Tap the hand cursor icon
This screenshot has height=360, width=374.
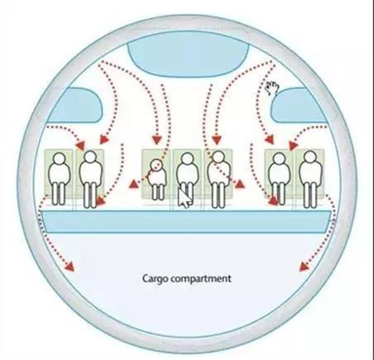[x=272, y=88]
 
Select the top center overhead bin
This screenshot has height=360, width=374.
[x=186, y=55]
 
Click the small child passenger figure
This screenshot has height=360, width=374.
[x=156, y=178]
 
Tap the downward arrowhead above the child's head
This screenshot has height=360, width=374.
[x=156, y=138]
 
